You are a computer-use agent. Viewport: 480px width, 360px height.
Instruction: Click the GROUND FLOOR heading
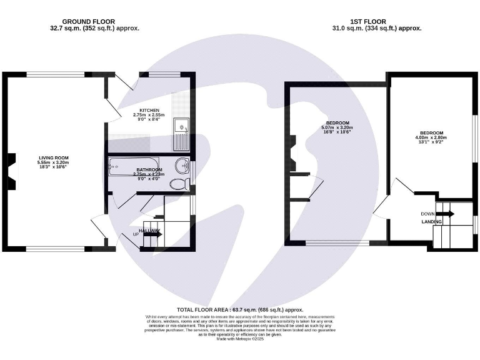94,21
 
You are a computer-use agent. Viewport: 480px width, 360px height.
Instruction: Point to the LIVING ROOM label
53,157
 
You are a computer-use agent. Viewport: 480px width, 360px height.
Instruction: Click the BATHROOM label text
149,170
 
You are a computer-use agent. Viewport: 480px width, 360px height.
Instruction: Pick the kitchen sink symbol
182,134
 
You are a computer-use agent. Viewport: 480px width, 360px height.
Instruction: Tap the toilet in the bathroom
179,183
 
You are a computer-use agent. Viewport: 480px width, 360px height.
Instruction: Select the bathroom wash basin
183,166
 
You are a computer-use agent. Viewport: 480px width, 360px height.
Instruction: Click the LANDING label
432,222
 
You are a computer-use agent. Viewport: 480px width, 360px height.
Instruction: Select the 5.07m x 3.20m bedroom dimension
337,127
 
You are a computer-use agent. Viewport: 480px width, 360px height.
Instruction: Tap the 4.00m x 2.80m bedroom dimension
431,138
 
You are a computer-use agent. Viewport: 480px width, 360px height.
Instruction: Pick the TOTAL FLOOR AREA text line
239,309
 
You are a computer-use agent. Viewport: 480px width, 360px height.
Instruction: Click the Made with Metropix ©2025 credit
239,338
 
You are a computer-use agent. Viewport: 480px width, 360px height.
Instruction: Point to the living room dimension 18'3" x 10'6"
53,167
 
